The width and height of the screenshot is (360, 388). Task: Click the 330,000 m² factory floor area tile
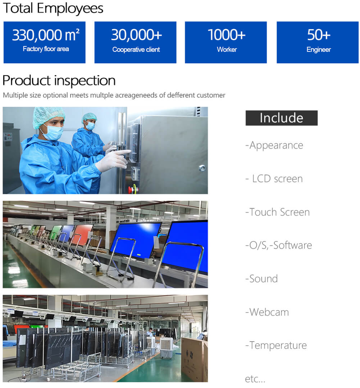click(x=45, y=42)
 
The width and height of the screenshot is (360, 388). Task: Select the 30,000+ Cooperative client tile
click(x=136, y=42)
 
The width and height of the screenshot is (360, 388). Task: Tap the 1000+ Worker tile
click(x=226, y=42)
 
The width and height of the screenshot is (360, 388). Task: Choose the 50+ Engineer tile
click(x=318, y=42)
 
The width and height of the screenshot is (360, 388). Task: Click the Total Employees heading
click(x=53, y=8)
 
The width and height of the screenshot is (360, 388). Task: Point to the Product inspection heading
click(x=59, y=81)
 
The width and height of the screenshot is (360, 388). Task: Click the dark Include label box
click(x=282, y=118)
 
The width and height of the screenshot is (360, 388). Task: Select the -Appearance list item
click(x=274, y=145)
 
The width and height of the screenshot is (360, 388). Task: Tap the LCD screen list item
click(x=274, y=179)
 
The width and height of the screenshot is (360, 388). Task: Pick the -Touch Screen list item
click(x=278, y=212)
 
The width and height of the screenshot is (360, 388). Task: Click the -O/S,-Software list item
click(x=279, y=245)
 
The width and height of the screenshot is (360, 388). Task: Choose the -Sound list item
click(x=261, y=279)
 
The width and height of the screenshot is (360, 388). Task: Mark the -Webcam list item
click(x=267, y=312)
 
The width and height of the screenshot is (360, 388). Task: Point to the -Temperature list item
click(x=276, y=345)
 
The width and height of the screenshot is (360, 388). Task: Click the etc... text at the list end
click(x=255, y=378)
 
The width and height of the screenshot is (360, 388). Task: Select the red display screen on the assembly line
click(x=82, y=235)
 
